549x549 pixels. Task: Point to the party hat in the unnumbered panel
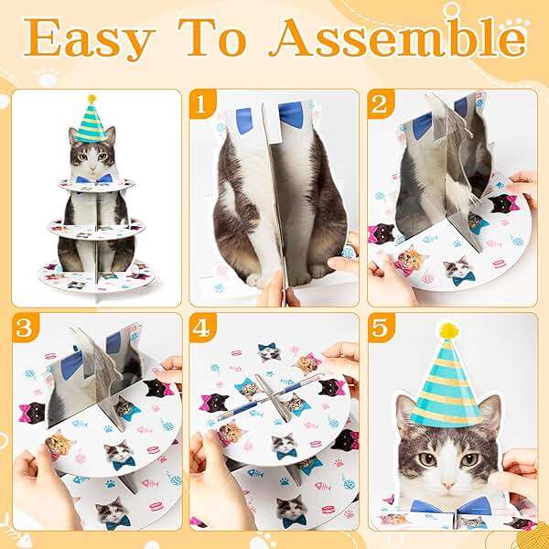coord(91,121)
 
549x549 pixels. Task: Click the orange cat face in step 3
coord(59,445)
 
